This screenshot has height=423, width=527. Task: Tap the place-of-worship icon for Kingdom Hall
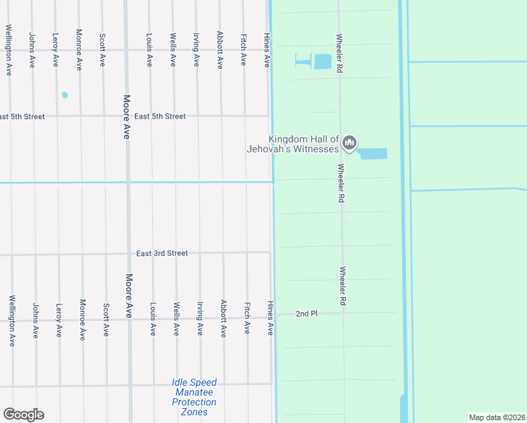pyautogui.click(x=349, y=145)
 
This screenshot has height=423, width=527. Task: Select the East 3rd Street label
pyautogui.click(x=162, y=253)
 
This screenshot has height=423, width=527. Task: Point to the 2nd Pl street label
pyautogui.click(x=306, y=313)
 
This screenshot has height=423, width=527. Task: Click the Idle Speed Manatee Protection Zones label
pyautogui.click(x=194, y=397)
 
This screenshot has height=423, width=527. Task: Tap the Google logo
pyautogui.click(x=23, y=415)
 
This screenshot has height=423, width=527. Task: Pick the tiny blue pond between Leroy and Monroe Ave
pyautogui.click(x=66, y=94)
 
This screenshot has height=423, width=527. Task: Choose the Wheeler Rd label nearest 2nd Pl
pyautogui.click(x=343, y=286)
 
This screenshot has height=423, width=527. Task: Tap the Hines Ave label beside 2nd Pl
pyautogui.click(x=270, y=318)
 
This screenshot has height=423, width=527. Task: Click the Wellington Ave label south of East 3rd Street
pyautogui.click(x=12, y=321)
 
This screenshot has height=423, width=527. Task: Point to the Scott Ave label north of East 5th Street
pyautogui.click(x=103, y=49)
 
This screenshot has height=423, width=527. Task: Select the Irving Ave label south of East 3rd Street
pyautogui.click(x=200, y=319)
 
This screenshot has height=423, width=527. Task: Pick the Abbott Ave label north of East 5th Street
pyautogui.click(x=220, y=49)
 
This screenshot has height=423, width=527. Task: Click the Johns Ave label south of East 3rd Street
pyautogui.click(x=35, y=321)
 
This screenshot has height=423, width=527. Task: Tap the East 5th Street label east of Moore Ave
pyautogui.click(x=160, y=116)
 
